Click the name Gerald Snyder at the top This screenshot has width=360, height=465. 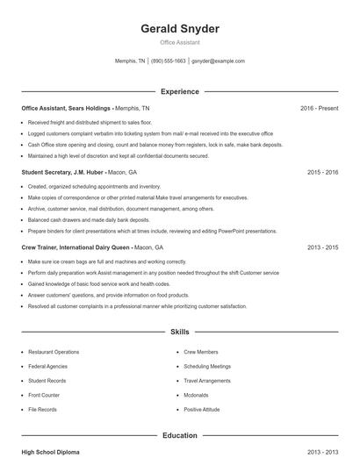click(x=180, y=29)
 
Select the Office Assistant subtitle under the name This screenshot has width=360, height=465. click(x=180, y=42)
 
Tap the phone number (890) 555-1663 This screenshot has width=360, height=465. click(x=169, y=61)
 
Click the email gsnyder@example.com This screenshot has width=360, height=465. click(x=218, y=61)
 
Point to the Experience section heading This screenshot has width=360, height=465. click(x=180, y=91)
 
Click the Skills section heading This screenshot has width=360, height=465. click(x=180, y=333)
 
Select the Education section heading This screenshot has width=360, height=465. click(x=180, y=435)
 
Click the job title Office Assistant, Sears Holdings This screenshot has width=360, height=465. click(x=67, y=108)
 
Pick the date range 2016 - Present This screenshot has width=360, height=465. click(x=319, y=108)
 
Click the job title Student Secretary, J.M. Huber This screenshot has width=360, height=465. click(x=58, y=173)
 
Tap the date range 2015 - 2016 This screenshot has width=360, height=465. click(x=322, y=173)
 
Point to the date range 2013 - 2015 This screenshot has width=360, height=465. click(x=322, y=248)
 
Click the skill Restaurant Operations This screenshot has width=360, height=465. click(x=54, y=352)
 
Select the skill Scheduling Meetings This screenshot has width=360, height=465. click(x=207, y=366)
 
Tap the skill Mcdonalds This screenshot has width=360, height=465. click(x=197, y=395)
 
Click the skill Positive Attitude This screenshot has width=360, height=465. click(x=202, y=410)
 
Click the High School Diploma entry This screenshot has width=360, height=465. click(x=50, y=452)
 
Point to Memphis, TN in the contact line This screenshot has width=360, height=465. click(x=131, y=61)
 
